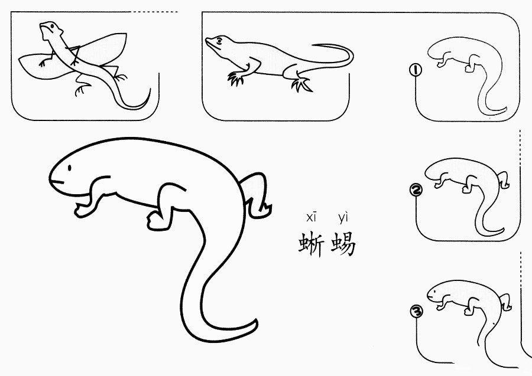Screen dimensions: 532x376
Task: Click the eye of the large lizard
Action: click(x=70, y=168)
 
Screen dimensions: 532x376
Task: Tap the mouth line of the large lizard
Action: click(x=57, y=182)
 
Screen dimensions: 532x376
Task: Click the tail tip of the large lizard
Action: click(x=255, y=321)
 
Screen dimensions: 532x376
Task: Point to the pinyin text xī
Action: click(x=311, y=218)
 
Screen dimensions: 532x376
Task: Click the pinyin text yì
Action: click(x=343, y=218)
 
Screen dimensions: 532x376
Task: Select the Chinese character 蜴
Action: click(x=343, y=244)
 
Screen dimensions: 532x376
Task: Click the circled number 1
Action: click(x=416, y=70)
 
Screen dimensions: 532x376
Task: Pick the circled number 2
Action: click(x=416, y=190)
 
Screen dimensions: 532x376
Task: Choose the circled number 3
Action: click(x=417, y=311)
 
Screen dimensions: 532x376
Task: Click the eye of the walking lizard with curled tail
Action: click(x=219, y=41)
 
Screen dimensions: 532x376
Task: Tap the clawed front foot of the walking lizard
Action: click(x=236, y=79)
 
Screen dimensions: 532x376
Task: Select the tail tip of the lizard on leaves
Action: click(x=149, y=91)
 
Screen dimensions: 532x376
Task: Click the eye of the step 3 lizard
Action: click(x=434, y=292)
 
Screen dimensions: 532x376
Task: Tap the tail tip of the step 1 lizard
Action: click(x=505, y=110)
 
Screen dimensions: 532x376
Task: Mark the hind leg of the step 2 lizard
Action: click(x=504, y=180)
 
